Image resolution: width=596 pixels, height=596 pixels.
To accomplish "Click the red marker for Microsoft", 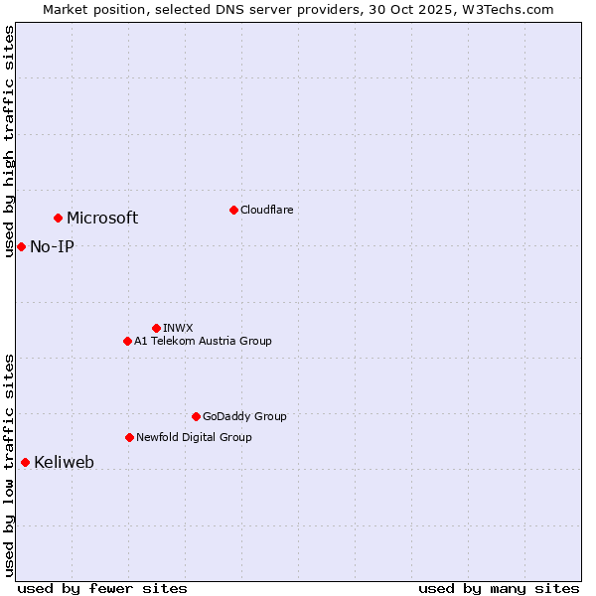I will coord(58,218).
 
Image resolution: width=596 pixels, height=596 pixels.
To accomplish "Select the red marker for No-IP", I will coord(21,246).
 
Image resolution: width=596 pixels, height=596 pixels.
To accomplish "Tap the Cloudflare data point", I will coord(233,210).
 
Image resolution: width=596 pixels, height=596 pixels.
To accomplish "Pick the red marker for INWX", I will coord(156,328).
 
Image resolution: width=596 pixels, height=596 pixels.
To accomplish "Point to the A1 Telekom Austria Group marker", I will coord(127,341).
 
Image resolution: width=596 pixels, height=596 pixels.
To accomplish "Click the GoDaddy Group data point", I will coord(196,416).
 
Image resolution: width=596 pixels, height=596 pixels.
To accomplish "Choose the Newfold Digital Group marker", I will coord(129,437).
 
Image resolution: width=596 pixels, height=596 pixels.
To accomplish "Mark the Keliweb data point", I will coord(25,462).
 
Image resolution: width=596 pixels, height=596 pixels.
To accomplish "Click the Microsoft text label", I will coord(102,219).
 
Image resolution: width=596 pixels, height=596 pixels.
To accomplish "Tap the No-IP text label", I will coord(52,246).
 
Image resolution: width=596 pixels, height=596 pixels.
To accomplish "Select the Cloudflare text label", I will coord(266,210).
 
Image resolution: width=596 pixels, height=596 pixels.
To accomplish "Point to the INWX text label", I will coord(178,328).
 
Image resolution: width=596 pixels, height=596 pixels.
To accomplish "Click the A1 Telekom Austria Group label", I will coord(203,341).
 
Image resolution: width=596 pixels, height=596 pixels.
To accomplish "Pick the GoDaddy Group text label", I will coord(244,416).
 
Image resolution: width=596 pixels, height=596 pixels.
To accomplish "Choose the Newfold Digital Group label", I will coord(194,437).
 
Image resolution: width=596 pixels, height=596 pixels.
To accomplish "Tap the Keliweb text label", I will coord(64,463).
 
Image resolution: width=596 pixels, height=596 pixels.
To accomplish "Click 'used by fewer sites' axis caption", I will coord(102,588).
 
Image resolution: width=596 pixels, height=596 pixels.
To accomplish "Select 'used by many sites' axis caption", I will coord(499,588).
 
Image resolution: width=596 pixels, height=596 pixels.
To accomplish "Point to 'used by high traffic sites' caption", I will coord(9,141).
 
